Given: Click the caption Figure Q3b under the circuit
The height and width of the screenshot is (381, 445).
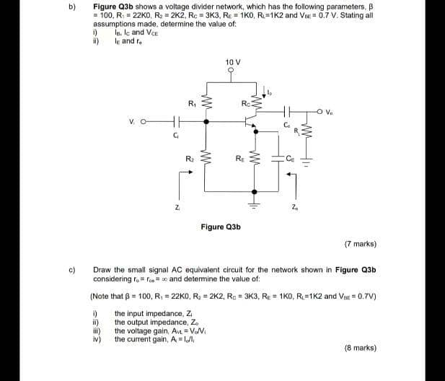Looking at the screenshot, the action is coord(221,226).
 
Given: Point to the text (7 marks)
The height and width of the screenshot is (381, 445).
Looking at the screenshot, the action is coord(361,243).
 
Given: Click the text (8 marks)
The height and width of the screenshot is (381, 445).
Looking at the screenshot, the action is coord(361,347).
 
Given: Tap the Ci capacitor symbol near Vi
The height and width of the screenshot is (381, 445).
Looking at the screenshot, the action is coord(174,123).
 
